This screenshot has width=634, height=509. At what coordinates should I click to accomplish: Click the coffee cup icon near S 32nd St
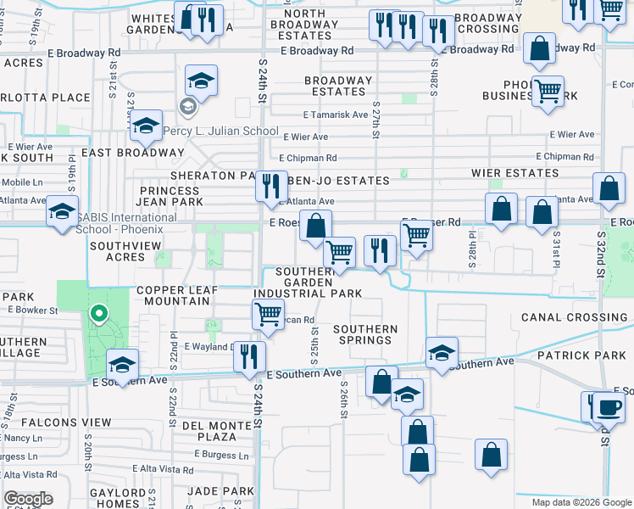pos(608,406)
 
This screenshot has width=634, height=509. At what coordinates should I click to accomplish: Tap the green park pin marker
pos(99,315)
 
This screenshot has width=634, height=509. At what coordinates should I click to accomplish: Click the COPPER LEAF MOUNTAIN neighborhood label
pos(177,294)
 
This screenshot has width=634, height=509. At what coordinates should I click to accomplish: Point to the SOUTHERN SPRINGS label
pos(365,334)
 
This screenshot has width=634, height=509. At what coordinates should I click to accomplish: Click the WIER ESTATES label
pos(515,173)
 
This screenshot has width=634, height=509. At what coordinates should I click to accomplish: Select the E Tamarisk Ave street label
pos(336,115)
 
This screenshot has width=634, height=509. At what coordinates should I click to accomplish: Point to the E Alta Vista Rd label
pos(164,469)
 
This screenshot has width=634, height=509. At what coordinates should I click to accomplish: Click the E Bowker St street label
pos(32,310)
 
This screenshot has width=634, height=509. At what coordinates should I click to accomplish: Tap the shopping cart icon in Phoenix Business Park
pos(548,89)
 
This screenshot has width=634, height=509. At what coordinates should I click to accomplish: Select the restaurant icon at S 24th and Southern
pos(249,355)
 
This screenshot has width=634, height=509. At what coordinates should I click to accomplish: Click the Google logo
pos(28,499)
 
